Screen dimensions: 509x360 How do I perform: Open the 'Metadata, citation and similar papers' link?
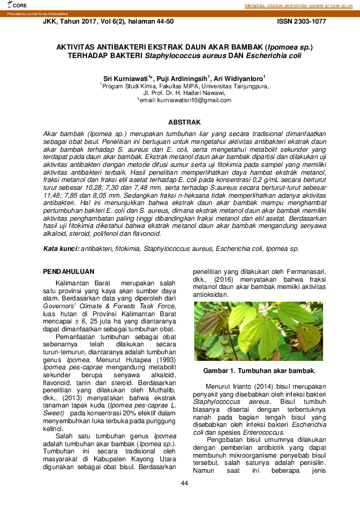tap(298, 5)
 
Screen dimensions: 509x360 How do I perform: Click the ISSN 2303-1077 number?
tap(301, 21)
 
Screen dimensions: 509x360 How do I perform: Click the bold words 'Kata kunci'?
tap(62, 248)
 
